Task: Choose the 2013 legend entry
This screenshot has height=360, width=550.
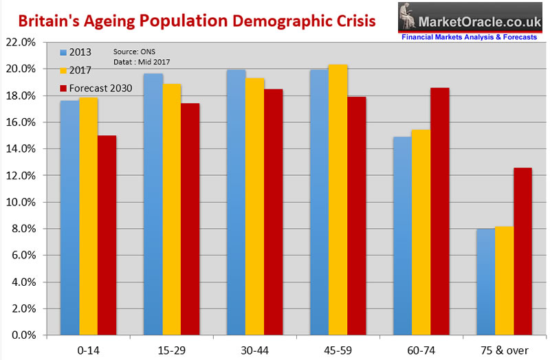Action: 75,52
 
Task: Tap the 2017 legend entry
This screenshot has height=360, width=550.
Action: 75,70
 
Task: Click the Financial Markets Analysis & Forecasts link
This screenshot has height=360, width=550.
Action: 468,37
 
